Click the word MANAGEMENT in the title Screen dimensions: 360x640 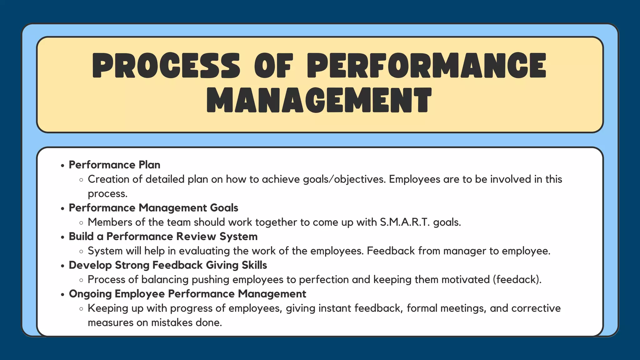coord(319,100)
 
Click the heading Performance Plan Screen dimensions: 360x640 coord(114,165)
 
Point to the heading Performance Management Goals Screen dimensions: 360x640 coord(153,208)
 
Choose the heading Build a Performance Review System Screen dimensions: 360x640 coord(163,237)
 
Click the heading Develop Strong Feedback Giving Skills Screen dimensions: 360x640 coord(168,265)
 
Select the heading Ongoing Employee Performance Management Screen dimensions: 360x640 coord(187,294)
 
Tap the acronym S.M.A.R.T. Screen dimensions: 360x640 coord(405,222)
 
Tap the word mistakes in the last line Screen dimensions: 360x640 coord(172,322)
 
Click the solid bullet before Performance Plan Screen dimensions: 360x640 coord(62,165)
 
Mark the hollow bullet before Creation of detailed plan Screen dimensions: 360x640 coord(81,180)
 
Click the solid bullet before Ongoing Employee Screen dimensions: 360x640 coord(62,294)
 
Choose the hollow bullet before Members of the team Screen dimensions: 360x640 coord(81,223)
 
